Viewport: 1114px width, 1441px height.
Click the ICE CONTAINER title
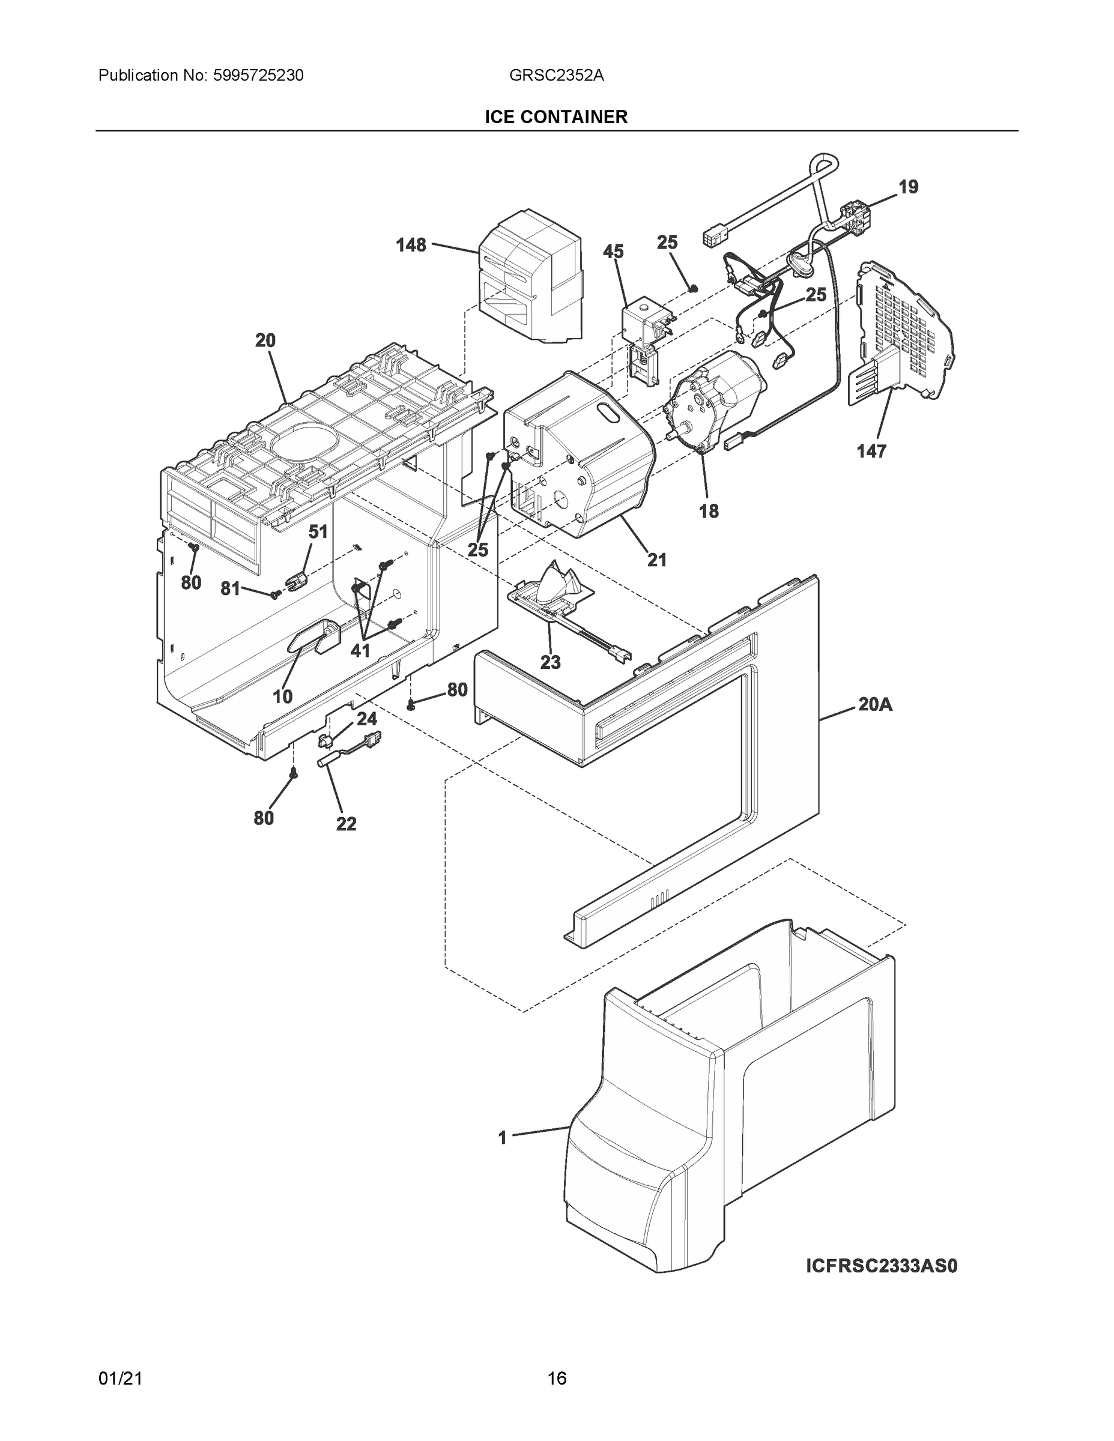(x=555, y=117)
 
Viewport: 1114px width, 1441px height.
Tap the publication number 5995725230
(x=258, y=75)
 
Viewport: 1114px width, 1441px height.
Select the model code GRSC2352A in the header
(x=556, y=75)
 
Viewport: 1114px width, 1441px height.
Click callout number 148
(x=411, y=246)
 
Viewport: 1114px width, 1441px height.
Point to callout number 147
(x=871, y=452)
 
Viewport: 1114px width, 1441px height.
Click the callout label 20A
(x=875, y=705)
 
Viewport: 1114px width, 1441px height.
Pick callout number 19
(x=908, y=187)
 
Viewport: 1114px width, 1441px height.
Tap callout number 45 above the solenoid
(x=613, y=252)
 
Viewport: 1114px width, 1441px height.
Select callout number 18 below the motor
(x=709, y=511)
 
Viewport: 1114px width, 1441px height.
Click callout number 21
(x=656, y=560)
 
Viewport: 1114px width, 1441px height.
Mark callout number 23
(x=551, y=662)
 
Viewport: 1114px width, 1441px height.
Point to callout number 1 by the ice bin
(x=502, y=1138)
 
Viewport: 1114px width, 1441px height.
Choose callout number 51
(x=318, y=531)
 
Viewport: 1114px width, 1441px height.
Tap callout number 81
(x=229, y=588)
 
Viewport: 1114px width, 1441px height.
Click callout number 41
(x=360, y=651)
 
